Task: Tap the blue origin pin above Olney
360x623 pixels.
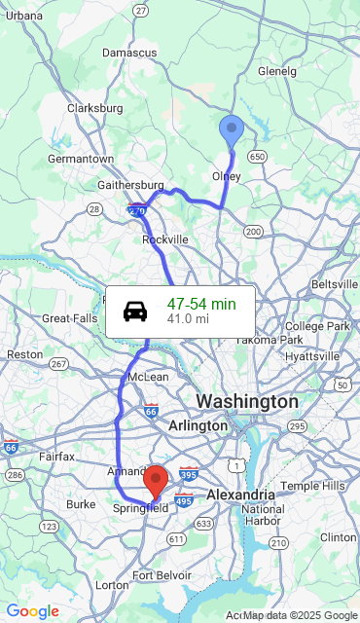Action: tap(232, 129)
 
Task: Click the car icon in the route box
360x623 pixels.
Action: tap(135, 311)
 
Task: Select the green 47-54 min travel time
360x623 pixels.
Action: tap(201, 304)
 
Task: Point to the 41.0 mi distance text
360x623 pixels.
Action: tap(188, 318)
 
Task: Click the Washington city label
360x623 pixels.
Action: tap(247, 401)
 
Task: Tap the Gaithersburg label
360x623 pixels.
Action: tap(130, 185)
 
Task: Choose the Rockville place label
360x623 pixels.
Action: tap(164, 239)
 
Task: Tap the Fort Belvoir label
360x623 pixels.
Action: tap(158, 575)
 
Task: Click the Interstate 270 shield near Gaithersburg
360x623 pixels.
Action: tap(136, 208)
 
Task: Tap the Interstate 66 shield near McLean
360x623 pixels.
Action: tap(151, 412)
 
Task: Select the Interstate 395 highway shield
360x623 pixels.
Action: tap(189, 475)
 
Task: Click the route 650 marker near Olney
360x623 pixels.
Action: tap(257, 156)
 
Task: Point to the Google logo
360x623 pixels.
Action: tap(32, 611)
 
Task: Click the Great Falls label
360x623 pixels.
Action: tap(70, 318)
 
